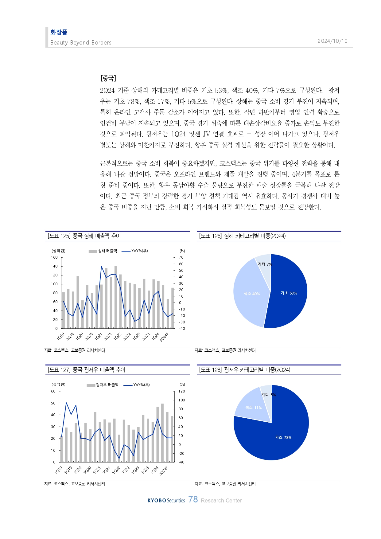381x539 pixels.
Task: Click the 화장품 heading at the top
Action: (59, 32)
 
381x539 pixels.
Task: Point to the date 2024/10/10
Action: (332, 41)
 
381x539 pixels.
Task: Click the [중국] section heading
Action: (108, 78)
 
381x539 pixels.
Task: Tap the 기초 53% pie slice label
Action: (289, 293)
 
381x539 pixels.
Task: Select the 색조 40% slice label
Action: (252, 294)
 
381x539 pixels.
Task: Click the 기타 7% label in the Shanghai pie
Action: (265, 264)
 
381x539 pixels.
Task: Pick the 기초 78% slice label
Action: (283, 437)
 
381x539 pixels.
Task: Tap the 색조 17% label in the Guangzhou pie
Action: (253, 408)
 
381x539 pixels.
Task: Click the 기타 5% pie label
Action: (268, 395)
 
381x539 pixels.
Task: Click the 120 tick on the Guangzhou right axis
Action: (182, 391)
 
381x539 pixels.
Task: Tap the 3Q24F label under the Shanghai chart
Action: (164, 337)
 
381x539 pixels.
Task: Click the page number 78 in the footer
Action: (193, 499)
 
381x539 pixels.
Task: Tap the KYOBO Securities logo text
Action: (166, 500)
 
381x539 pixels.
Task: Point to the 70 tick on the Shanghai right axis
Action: (181, 257)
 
